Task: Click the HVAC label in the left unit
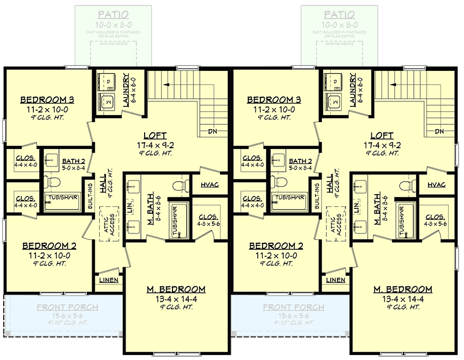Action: coord(210,185)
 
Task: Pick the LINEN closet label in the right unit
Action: coord(335,280)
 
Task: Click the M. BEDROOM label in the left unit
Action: coord(175,289)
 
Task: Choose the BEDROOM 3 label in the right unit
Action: coord(273,100)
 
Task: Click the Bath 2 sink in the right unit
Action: coord(278,160)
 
